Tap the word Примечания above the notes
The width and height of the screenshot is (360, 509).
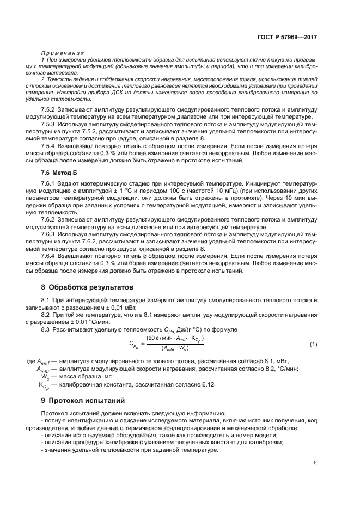coord(63,53)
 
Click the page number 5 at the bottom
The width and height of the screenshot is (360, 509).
coord(315,463)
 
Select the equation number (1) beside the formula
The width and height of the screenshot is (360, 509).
coord(313,345)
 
